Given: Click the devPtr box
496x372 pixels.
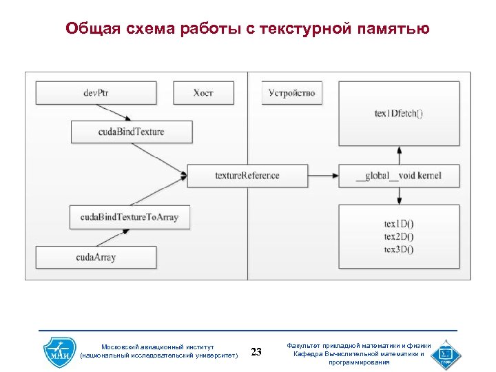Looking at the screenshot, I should [x=96, y=93].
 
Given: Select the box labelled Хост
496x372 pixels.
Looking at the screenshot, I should [x=203, y=93].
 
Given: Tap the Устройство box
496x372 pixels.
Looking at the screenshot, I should [x=291, y=93].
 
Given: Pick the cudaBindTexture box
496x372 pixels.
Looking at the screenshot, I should [x=131, y=132].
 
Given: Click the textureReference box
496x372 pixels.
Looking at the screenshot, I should [x=247, y=176].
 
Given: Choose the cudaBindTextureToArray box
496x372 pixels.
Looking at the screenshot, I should [x=129, y=217].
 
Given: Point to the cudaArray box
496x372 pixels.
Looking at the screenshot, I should [x=96, y=257].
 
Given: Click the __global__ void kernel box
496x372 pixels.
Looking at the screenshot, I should [x=398, y=176].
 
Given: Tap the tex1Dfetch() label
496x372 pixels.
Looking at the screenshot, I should [x=398, y=114].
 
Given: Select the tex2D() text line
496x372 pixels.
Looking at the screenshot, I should [x=398, y=237].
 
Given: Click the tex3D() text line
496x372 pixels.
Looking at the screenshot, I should [x=398, y=249].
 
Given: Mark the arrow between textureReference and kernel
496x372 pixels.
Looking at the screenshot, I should [x=322, y=176].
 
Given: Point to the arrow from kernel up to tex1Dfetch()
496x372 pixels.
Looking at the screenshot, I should [x=398, y=155].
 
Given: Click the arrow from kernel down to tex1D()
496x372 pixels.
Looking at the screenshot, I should [x=398, y=196].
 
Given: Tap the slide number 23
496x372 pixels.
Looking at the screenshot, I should [x=256, y=352].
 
